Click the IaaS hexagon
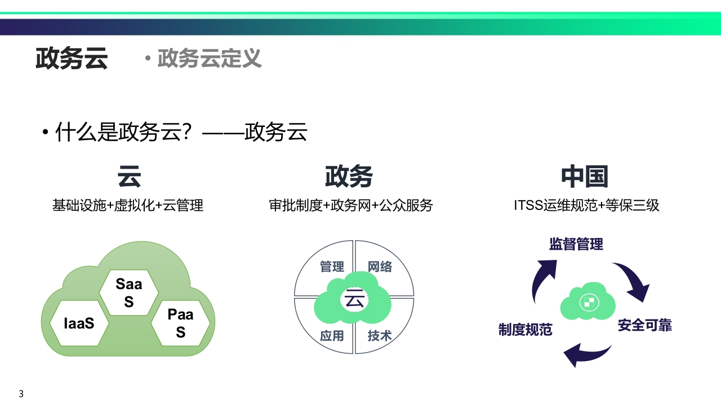click(x=79, y=323)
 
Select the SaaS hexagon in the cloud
click(x=129, y=292)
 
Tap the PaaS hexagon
click(x=181, y=323)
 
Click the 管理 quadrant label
click(x=332, y=267)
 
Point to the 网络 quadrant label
click(x=380, y=267)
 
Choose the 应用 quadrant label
click(x=332, y=336)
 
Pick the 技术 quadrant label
click(x=380, y=336)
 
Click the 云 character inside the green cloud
click(x=354, y=299)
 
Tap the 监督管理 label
click(x=576, y=244)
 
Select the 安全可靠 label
click(x=645, y=325)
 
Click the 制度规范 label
click(x=526, y=330)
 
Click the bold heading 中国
click(x=585, y=177)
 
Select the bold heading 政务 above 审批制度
click(x=349, y=177)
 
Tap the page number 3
click(x=21, y=394)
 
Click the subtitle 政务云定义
click(x=209, y=58)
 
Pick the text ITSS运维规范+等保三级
click(x=586, y=205)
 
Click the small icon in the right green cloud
click(x=589, y=303)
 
